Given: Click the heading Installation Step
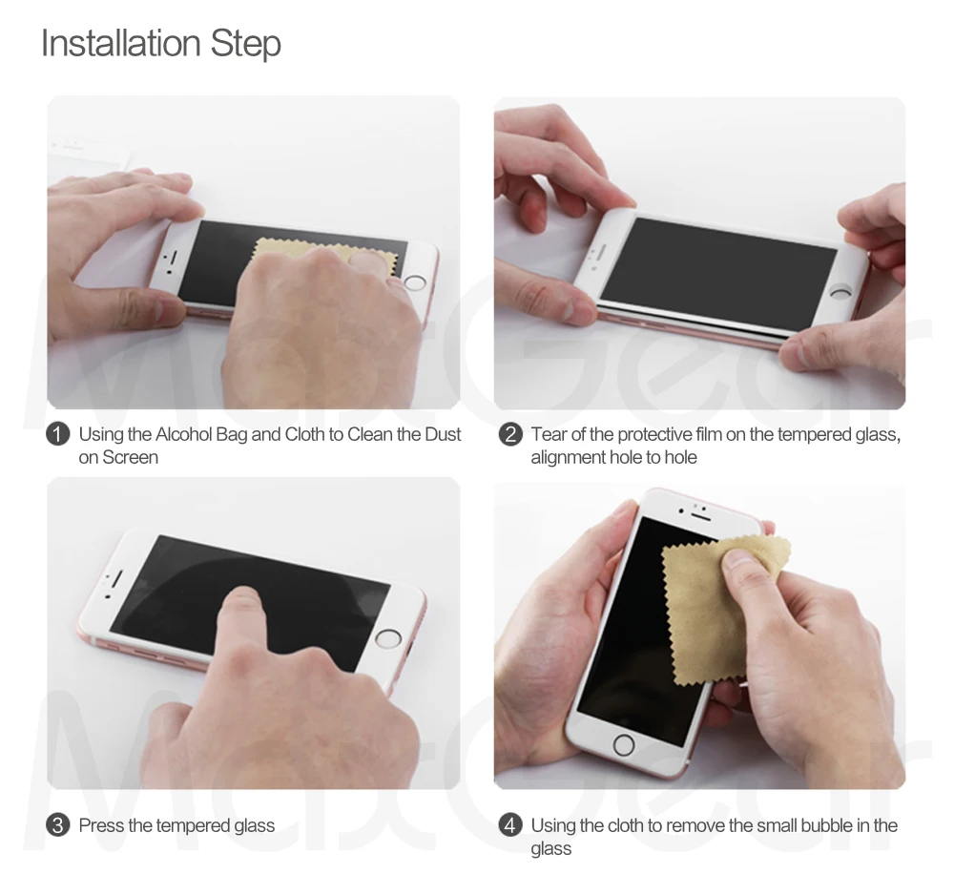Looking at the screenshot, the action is coord(161,43).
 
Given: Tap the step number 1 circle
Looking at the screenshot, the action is coord(58,434).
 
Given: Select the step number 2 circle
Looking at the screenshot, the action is coord(510,434).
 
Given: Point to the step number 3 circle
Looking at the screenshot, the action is coord(58,825).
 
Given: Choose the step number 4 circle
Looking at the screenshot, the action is coord(510,825).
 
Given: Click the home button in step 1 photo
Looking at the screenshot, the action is coord(415,282).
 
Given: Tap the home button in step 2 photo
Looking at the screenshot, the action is coord(842,293).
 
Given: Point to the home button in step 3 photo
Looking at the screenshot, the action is coord(388,638).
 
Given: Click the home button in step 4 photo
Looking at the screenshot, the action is coord(624,744).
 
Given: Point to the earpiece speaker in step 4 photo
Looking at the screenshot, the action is coord(701,517).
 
